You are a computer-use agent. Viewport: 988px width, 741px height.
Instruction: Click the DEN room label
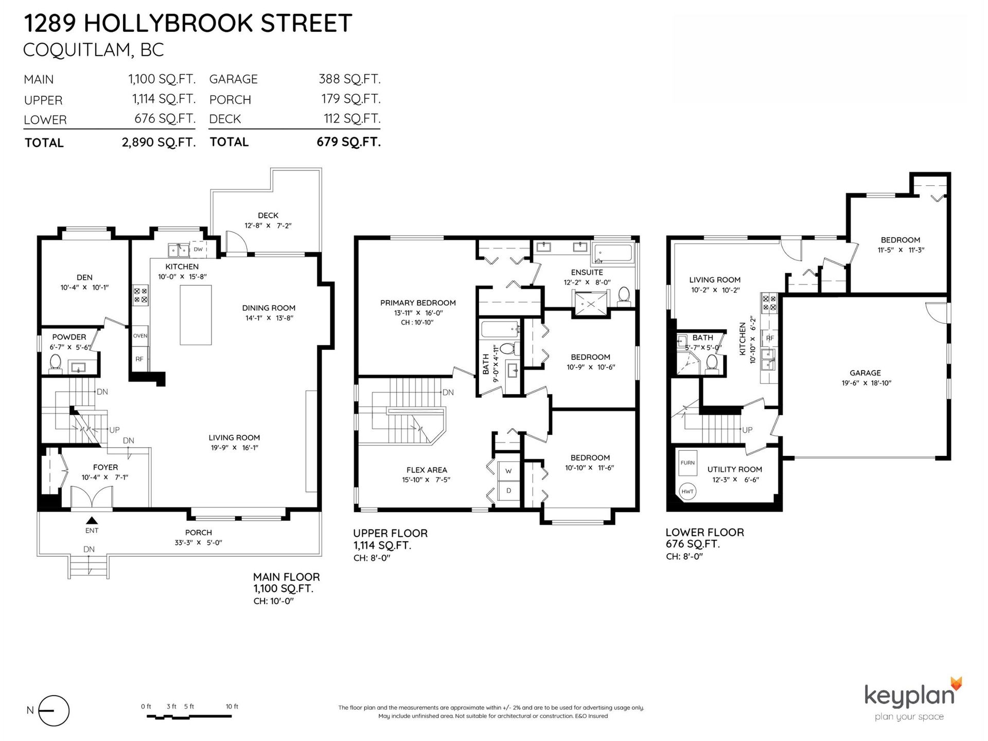point(84,277)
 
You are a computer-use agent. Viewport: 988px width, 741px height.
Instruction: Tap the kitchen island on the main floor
point(196,315)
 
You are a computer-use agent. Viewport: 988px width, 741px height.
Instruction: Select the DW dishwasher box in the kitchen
point(199,250)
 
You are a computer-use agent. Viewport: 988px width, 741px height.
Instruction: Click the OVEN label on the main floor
point(140,336)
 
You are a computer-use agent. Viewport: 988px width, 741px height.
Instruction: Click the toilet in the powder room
point(55,363)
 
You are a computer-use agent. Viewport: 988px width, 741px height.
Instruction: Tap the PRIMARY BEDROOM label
point(418,303)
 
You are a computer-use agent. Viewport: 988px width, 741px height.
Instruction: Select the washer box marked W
point(508,471)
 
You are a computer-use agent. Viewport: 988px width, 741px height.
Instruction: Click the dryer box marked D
point(508,491)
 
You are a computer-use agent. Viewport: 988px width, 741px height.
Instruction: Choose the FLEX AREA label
point(427,470)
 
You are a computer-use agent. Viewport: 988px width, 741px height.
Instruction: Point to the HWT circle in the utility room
point(687,491)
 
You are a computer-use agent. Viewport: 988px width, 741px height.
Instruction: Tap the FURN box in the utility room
point(687,463)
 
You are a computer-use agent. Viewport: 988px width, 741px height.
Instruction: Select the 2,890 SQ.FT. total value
point(158,142)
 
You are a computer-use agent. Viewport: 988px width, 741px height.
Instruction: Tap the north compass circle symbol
point(54,711)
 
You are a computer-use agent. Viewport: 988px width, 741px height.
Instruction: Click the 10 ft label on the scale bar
point(232,707)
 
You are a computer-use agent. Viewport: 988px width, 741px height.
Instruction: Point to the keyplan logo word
point(909,695)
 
